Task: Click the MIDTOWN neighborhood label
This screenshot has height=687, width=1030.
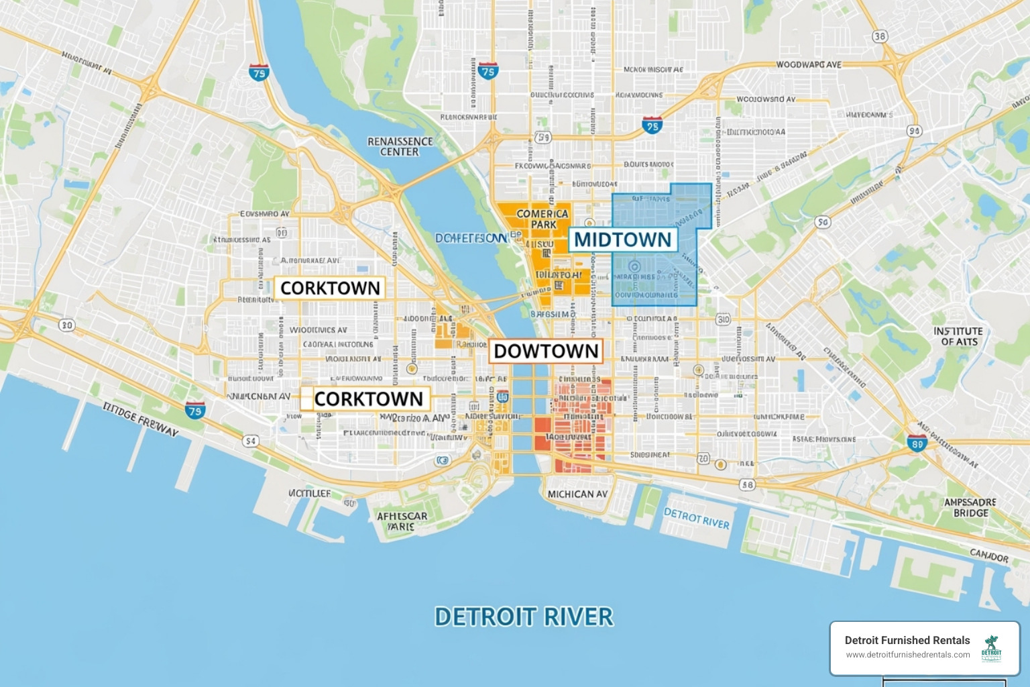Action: point(622,240)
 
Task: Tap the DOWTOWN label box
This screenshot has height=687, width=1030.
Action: point(546,351)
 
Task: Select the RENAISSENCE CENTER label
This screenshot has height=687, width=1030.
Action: point(400,146)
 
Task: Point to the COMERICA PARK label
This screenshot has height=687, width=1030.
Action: point(542,219)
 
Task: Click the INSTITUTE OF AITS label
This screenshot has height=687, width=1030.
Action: point(958,336)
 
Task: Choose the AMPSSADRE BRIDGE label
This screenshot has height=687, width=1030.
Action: point(970,507)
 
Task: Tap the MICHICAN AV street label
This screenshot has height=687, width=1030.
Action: point(577,494)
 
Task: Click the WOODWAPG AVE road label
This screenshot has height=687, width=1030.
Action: point(809,64)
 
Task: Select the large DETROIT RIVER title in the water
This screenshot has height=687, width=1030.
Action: point(524,617)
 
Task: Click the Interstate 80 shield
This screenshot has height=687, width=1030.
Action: point(917,442)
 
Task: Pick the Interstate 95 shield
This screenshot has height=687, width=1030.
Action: point(652,124)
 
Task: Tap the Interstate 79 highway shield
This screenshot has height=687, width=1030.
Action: point(195,410)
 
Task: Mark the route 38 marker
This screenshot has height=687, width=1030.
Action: point(880,36)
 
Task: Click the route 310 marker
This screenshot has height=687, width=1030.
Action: point(723,319)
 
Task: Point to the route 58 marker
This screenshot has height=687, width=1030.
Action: point(747,484)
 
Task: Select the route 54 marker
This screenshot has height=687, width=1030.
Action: point(250,441)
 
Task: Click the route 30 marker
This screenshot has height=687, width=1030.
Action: point(66,325)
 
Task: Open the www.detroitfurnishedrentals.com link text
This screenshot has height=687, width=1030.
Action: point(907,655)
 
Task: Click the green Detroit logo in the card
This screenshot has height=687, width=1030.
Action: point(991,648)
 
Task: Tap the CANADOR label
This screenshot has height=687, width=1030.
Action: point(989,556)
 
